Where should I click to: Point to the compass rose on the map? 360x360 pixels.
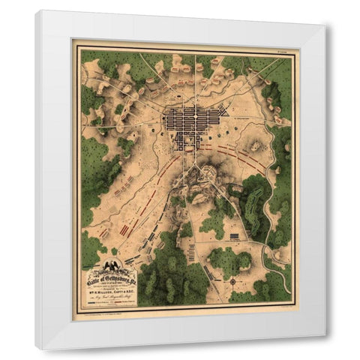[x=233, y=281]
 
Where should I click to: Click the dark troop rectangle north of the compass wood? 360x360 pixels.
[x=234, y=237]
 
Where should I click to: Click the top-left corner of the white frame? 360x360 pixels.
[x=36, y=11]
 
